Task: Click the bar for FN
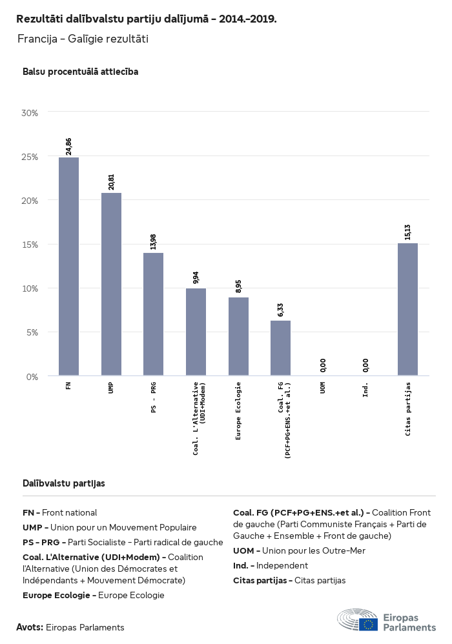[x=68, y=266]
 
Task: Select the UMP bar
[x=111, y=284]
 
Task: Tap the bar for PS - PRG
[x=153, y=314]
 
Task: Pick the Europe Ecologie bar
[x=238, y=336]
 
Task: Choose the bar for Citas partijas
[x=407, y=309]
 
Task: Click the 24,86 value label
[x=68, y=146]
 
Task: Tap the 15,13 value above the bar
[x=407, y=232]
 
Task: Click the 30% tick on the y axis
[x=30, y=112]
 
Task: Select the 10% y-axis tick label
[x=30, y=288]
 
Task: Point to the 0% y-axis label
[x=32, y=376]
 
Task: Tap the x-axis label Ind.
[x=365, y=390]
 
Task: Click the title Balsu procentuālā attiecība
[x=80, y=72]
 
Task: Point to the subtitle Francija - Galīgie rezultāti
[x=83, y=39]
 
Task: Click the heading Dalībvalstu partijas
[x=64, y=483]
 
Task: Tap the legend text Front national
[x=70, y=512]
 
